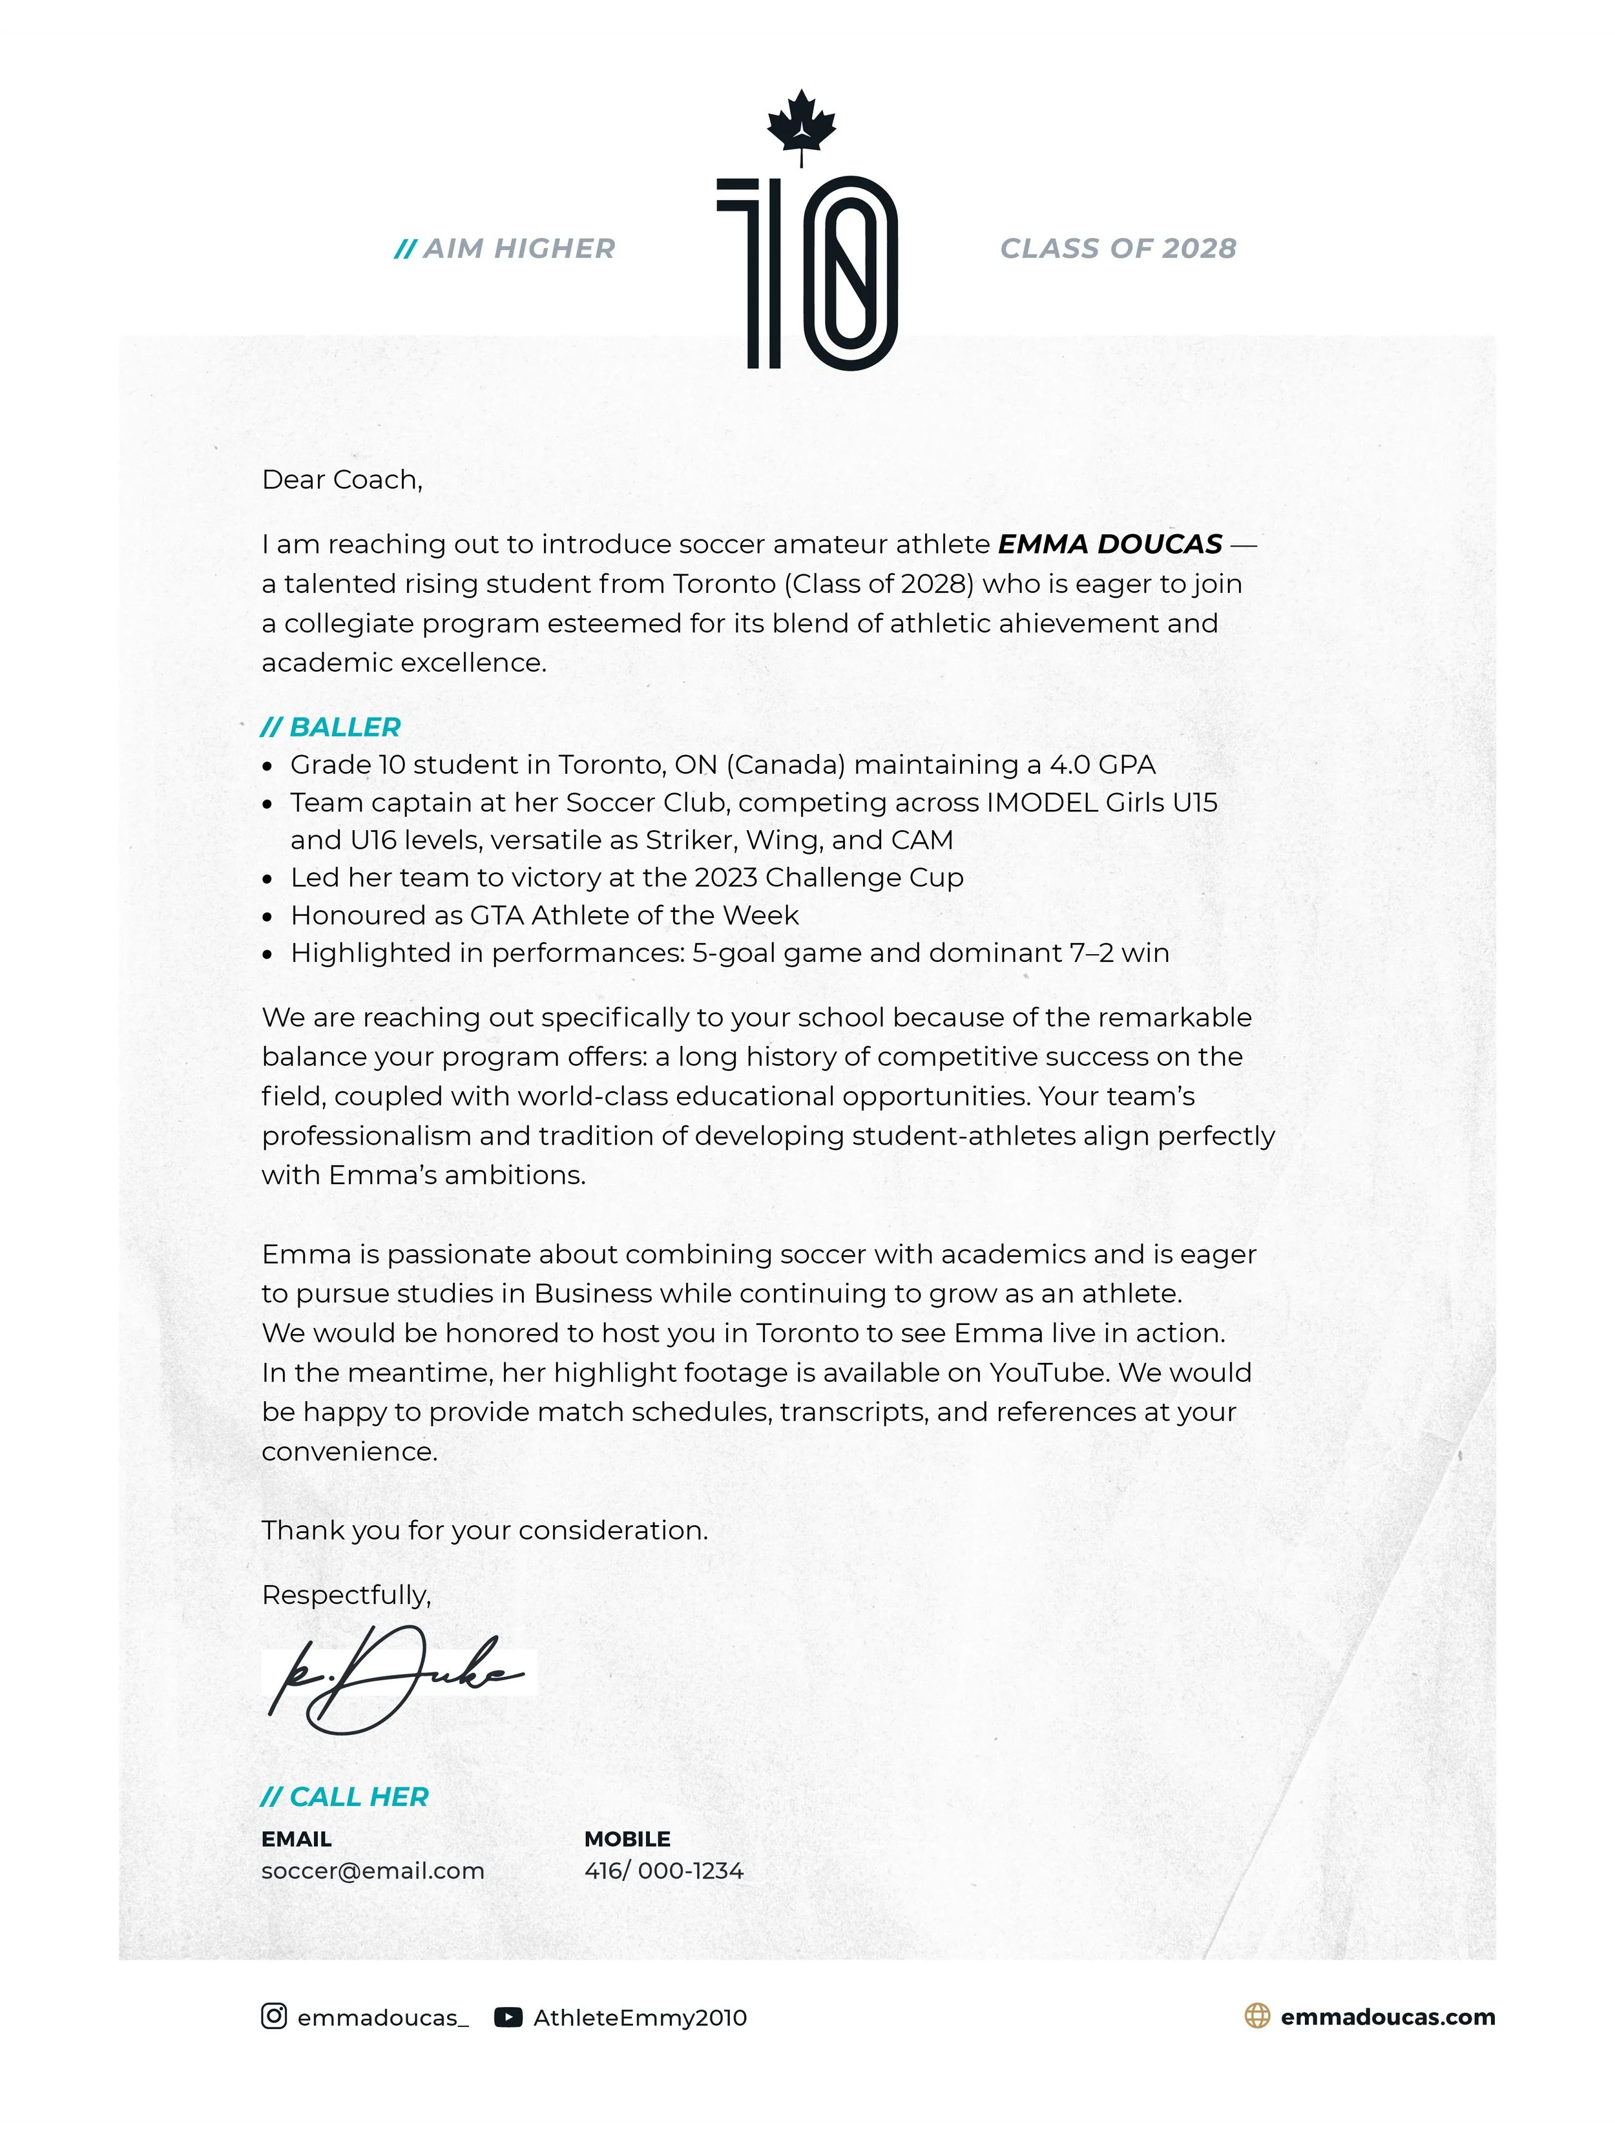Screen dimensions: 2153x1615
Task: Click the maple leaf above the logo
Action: pyautogui.click(x=800, y=125)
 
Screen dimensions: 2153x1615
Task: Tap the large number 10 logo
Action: pyautogui.click(x=807, y=273)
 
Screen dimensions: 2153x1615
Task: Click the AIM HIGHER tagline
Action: pyautogui.click(x=505, y=249)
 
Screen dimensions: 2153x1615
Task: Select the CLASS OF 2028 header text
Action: pyautogui.click(x=1118, y=249)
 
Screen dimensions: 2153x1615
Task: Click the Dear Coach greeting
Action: pyautogui.click(x=342, y=480)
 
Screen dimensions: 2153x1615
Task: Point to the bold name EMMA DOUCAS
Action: pyautogui.click(x=1110, y=544)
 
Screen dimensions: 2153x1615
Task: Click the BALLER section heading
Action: pyautogui.click(x=331, y=727)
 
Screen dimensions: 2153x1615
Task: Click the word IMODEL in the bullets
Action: pyautogui.click(x=1041, y=803)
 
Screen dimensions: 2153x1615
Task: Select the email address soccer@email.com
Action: pyautogui.click(x=372, y=1871)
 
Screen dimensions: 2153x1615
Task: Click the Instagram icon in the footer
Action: pyautogui.click(x=273, y=2017)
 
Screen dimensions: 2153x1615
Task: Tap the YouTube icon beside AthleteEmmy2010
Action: pyautogui.click(x=508, y=2018)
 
